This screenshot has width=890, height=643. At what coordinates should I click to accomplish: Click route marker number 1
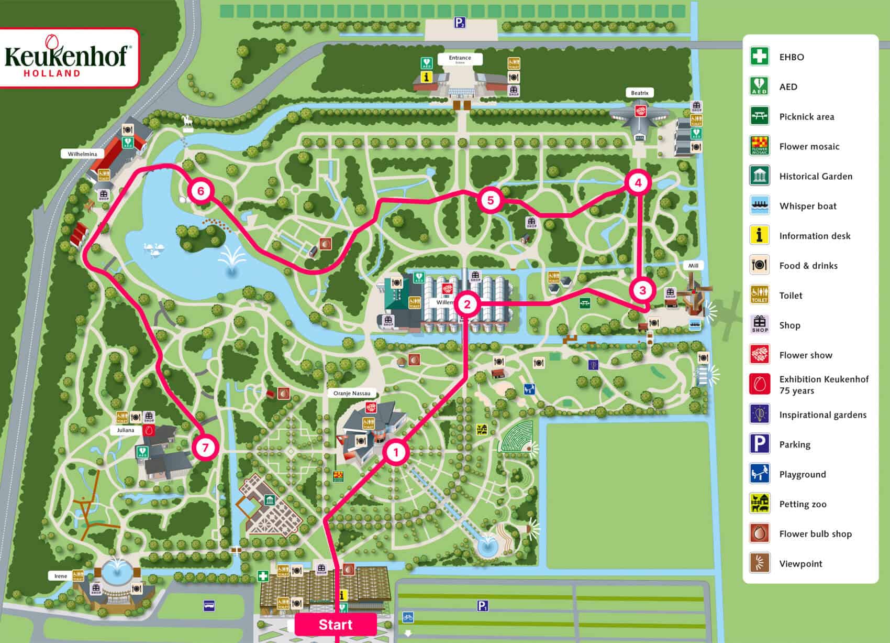[x=396, y=452]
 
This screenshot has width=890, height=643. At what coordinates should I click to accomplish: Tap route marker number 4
[x=638, y=182]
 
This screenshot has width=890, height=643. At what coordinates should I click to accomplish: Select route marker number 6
[x=201, y=191]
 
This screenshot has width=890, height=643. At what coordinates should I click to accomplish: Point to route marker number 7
[x=205, y=448]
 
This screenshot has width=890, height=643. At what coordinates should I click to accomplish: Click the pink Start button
[x=336, y=624]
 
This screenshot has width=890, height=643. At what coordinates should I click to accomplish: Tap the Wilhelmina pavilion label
[x=82, y=154]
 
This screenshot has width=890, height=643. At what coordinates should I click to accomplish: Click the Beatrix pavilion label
[x=639, y=93]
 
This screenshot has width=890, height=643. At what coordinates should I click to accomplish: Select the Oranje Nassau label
[x=352, y=393]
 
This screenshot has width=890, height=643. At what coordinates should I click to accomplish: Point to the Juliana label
[x=125, y=430]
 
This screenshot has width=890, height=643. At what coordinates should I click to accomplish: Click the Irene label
[x=61, y=576]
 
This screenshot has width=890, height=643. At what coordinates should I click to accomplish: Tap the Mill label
[x=693, y=266]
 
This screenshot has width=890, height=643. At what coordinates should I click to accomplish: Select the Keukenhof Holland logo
[x=68, y=58]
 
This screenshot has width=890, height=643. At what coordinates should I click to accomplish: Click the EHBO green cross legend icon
[x=759, y=56]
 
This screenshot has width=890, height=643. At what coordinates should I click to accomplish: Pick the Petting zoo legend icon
[x=759, y=504]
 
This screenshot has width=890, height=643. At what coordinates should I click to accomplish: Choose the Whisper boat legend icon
[x=759, y=205]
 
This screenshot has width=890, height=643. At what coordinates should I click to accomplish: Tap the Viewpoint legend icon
[x=759, y=563]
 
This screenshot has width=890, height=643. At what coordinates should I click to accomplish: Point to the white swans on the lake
[x=153, y=249]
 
